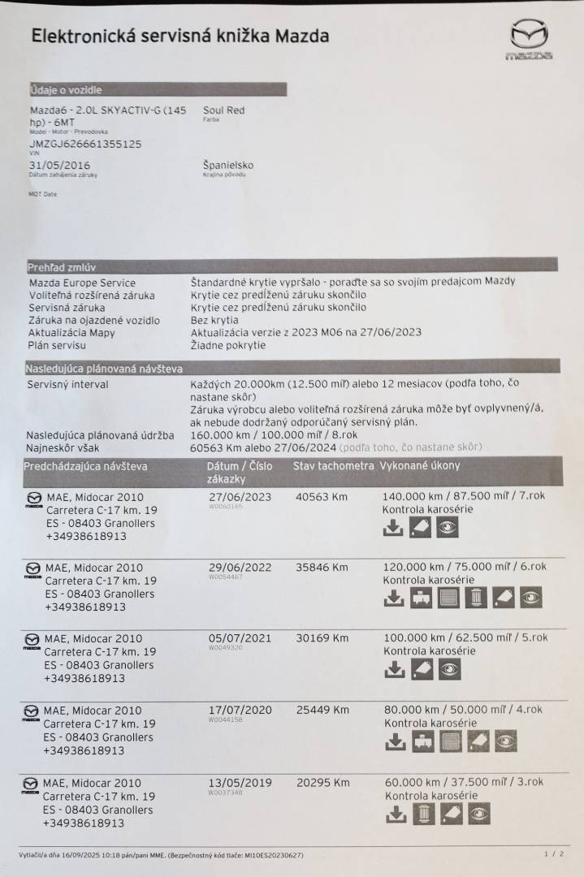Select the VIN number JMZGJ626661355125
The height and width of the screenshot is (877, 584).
(85, 144)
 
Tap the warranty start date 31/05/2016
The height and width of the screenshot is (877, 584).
(59, 165)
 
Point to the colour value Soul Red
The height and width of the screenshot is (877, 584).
(223, 110)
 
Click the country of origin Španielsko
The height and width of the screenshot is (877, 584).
(228, 165)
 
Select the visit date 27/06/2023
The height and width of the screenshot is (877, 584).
(240, 497)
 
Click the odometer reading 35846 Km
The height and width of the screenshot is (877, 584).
(322, 568)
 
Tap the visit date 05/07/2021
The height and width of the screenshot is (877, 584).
(240, 638)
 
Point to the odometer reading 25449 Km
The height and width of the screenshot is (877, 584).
(322, 710)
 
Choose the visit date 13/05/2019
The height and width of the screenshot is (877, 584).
(240, 783)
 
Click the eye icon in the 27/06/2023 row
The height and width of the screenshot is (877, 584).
(448, 528)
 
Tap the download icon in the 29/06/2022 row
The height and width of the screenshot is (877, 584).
(393, 598)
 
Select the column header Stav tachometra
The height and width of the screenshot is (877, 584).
(333, 466)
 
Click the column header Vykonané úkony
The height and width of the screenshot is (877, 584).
(419, 466)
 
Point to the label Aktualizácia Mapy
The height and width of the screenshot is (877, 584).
(71, 333)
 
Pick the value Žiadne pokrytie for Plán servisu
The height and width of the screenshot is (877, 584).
(227, 345)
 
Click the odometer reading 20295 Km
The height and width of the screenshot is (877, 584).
(322, 783)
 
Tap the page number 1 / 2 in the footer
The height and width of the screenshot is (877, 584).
(554, 854)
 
